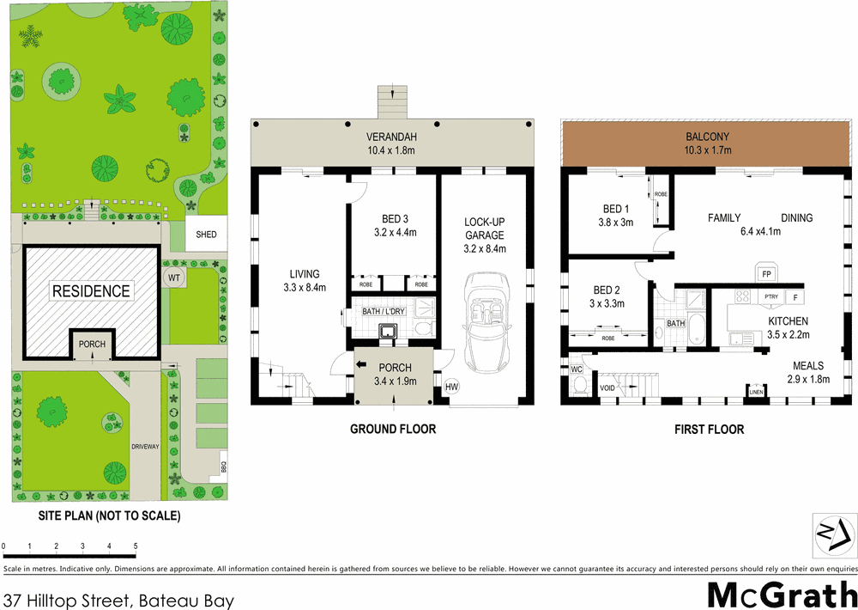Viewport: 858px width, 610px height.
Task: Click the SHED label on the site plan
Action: (x=207, y=235)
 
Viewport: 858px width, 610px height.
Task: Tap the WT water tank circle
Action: (x=174, y=278)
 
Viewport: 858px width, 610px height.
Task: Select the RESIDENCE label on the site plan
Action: (x=92, y=290)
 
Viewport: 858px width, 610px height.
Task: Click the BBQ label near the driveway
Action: (x=223, y=468)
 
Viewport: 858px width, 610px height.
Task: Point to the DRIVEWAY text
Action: (x=145, y=447)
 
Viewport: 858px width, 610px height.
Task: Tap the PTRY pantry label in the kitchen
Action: (x=770, y=297)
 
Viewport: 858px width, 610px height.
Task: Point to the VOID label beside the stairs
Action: (x=607, y=388)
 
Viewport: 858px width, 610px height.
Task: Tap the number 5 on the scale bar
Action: (x=135, y=546)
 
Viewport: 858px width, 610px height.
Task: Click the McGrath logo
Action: (x=781, y=594)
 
